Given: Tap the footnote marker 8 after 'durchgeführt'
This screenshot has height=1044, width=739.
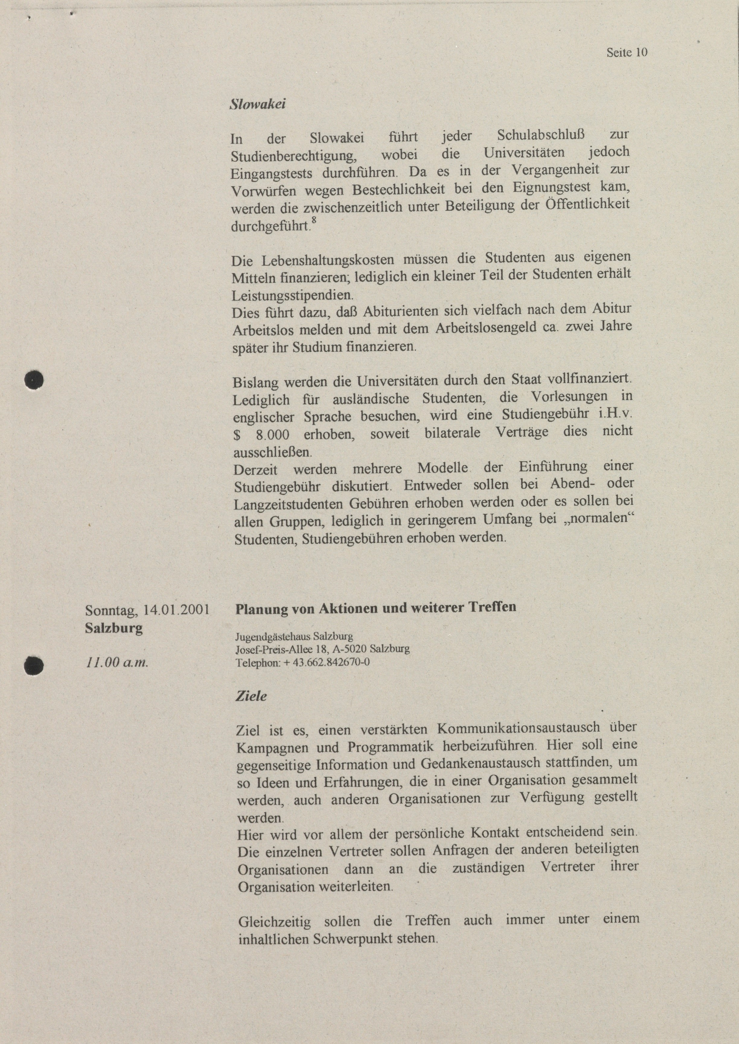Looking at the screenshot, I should pos(313,220).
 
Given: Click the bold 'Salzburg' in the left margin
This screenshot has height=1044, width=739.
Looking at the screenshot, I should pos(113,628).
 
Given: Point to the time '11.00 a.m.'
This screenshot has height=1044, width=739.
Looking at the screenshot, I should pos(117,662).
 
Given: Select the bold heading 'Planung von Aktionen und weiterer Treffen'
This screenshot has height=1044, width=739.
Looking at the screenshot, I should pos(375,608).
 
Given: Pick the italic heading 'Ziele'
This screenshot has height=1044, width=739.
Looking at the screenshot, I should pos(251,696).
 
